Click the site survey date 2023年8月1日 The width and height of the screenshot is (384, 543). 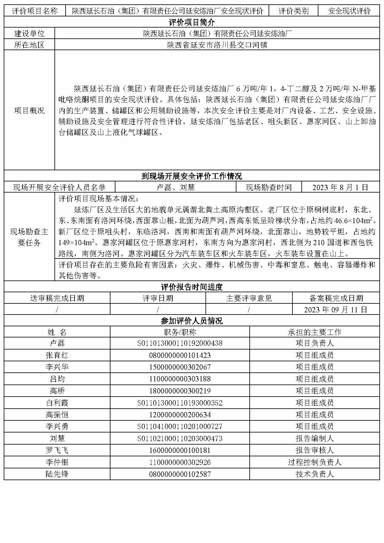pos(340,187)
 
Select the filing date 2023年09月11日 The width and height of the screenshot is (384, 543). pos(336,310)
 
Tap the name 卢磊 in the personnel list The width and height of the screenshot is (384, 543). pos(57,343)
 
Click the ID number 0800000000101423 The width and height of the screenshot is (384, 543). pos(180,355)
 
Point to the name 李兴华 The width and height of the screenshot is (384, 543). pos(57,367)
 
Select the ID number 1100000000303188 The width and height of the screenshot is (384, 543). pos(180,379)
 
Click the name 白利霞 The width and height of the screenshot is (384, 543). pos(57,403)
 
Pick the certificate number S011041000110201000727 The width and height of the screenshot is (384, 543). pos(180,427)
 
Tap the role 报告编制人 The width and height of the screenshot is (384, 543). pos(314,438)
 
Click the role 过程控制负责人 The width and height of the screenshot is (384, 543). pos(314,462)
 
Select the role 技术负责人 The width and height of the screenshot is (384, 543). pos(314,474)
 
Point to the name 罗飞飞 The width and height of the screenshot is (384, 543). pos(57,450)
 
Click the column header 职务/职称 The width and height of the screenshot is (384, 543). pos(180,332)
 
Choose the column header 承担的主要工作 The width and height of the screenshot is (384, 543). pos(314,332)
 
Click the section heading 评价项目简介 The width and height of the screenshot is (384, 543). pos(192,22)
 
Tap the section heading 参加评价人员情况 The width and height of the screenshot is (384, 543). pos(192,321)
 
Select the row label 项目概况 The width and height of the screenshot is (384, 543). pos(29,111)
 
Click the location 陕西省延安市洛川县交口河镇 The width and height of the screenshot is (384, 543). pos(217,45)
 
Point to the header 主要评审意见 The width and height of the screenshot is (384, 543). pos(249,298)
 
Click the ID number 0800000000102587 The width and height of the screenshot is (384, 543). pos(180,474)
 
